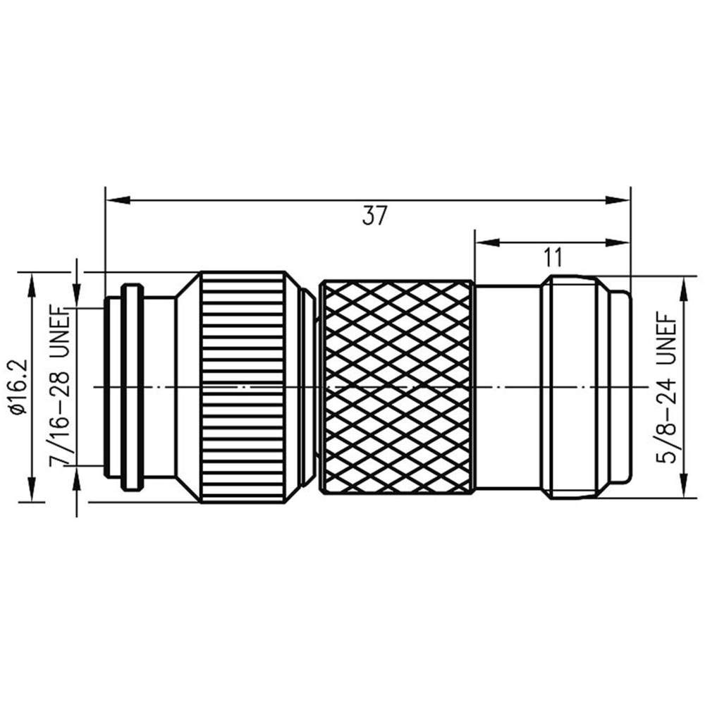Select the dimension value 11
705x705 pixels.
553,258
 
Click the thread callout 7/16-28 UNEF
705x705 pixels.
59,386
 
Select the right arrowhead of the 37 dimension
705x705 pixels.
618,200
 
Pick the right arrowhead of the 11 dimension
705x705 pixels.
618,243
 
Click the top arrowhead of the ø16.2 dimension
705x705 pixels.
32,285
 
